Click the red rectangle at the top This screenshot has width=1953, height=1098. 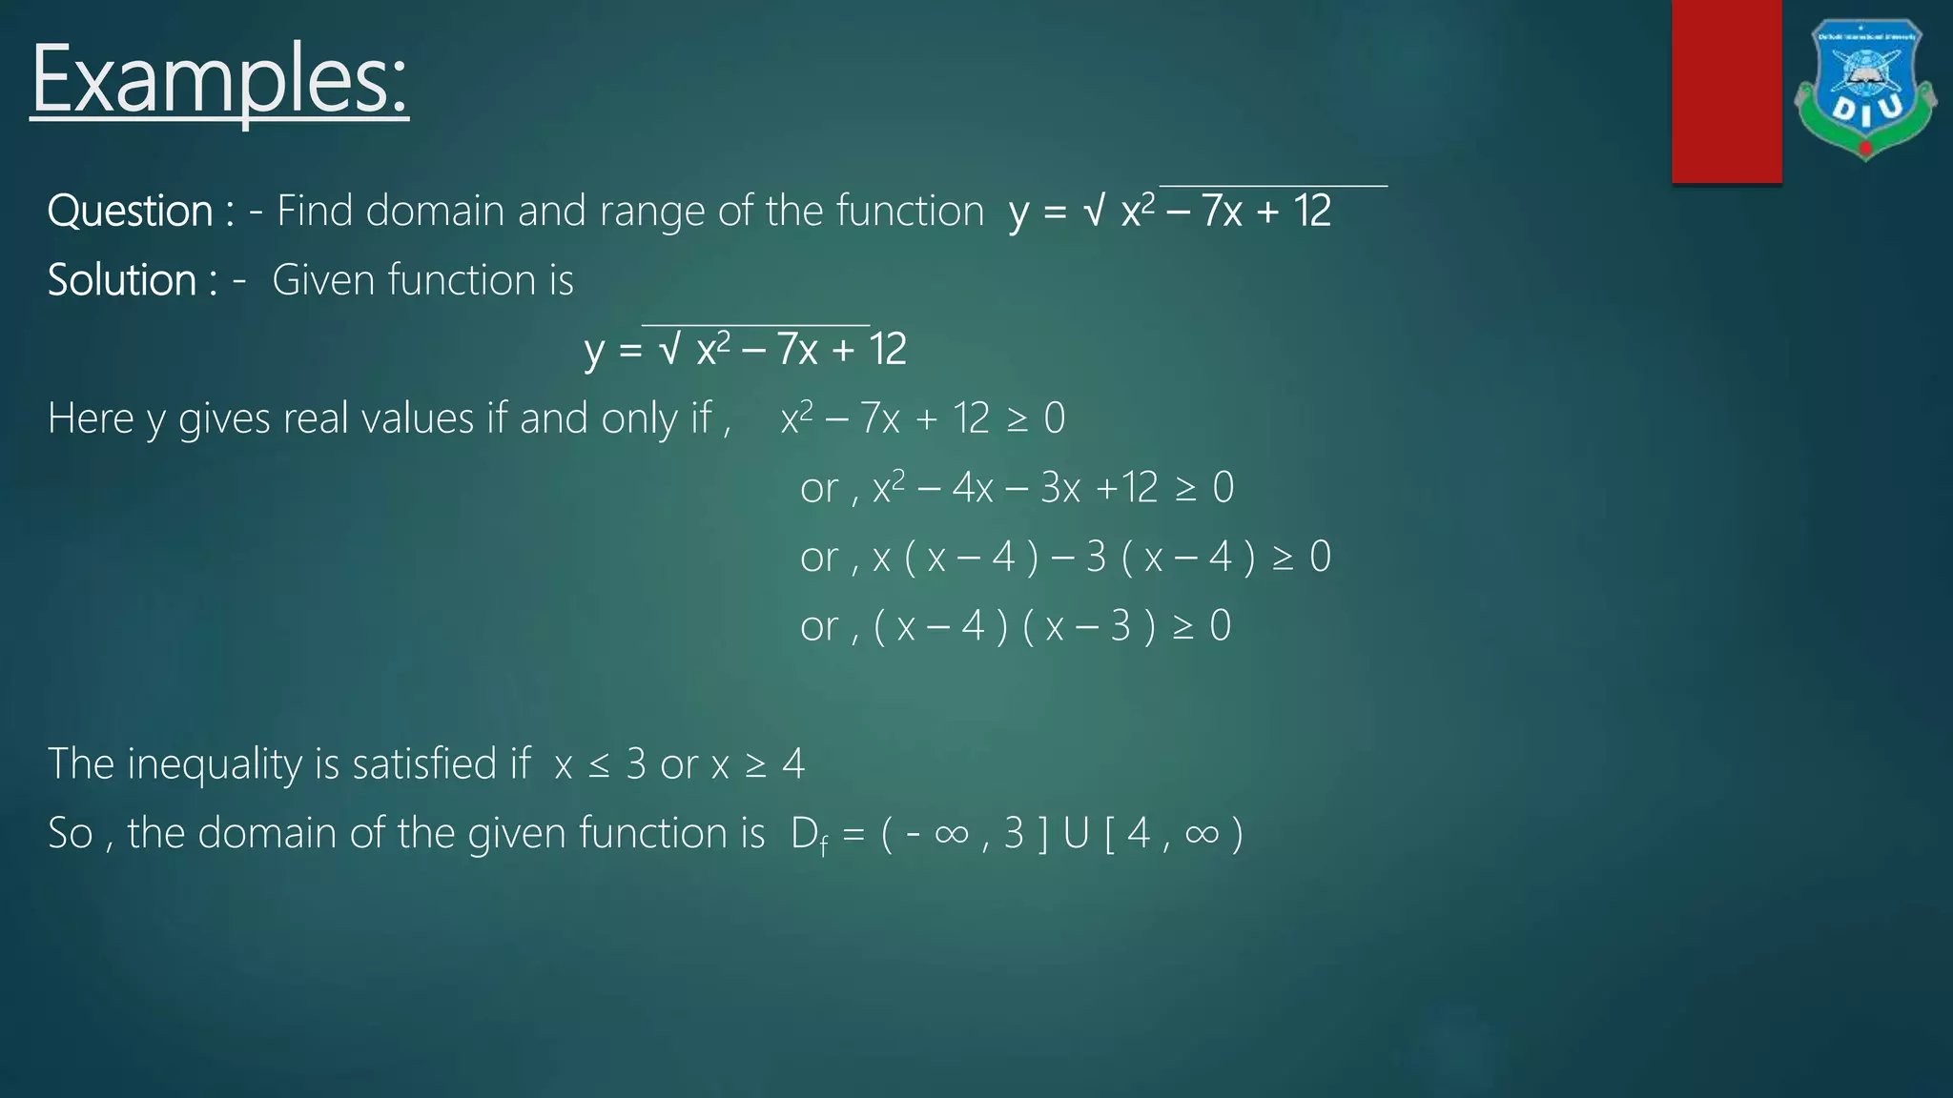click(1726, 91)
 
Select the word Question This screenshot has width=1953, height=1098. click(131, 211)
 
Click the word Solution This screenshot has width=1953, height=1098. click(122, 280)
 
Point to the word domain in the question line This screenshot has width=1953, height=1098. click(434, 211)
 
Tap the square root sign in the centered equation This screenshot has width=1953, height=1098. click(669, 350)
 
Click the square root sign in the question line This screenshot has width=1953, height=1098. click(1094, 211)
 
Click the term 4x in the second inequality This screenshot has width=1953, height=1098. click(973, 488)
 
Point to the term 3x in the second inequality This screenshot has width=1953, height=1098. click(1060, 488)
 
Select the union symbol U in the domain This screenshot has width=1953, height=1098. click(1076, 834)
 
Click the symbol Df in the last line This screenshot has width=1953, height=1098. click(810, 835)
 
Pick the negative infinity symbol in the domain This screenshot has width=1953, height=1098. click(938, 834)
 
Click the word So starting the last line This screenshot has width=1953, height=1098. click(71, 834)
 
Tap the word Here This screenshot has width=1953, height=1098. click(91, 418)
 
